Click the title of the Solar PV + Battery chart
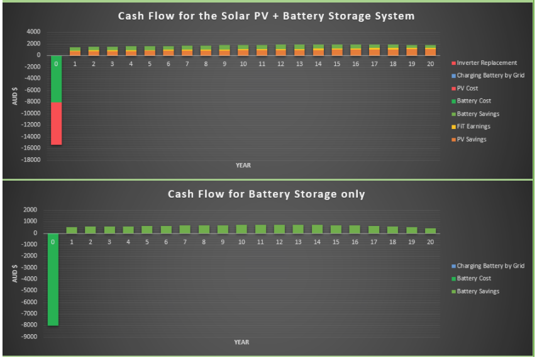point(266,16)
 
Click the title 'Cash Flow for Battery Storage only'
point(266,194)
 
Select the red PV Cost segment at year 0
point(56,123)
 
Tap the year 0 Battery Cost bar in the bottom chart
point(53,279)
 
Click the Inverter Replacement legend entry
point(484,63)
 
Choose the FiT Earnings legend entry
point(471,127)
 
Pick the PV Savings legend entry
point(469,139)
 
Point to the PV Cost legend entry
point(465,88)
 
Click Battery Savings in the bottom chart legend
point(475,291)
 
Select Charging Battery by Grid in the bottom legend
point(488,266)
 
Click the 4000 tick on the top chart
point(33,31)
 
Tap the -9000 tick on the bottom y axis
point(29,337)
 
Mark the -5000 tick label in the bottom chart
point(29,290)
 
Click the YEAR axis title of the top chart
point(243,166)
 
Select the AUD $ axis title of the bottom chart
point(14,273)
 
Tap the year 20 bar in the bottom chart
point(431,231)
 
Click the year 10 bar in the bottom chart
point(241,229)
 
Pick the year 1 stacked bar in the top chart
point(75,52)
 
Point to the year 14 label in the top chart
point(318,64)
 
